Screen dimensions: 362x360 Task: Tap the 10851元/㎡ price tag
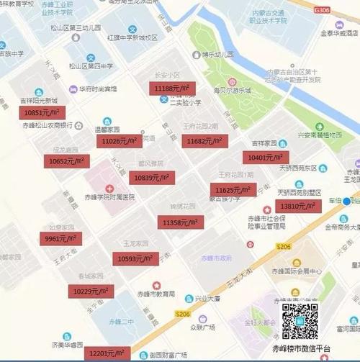[45, 112]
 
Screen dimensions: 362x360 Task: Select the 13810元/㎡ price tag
[299, 207]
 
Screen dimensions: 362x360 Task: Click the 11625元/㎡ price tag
[233, 190]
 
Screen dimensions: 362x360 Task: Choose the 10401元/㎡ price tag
[266, 158]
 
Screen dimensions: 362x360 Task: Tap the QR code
[300, 321]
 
